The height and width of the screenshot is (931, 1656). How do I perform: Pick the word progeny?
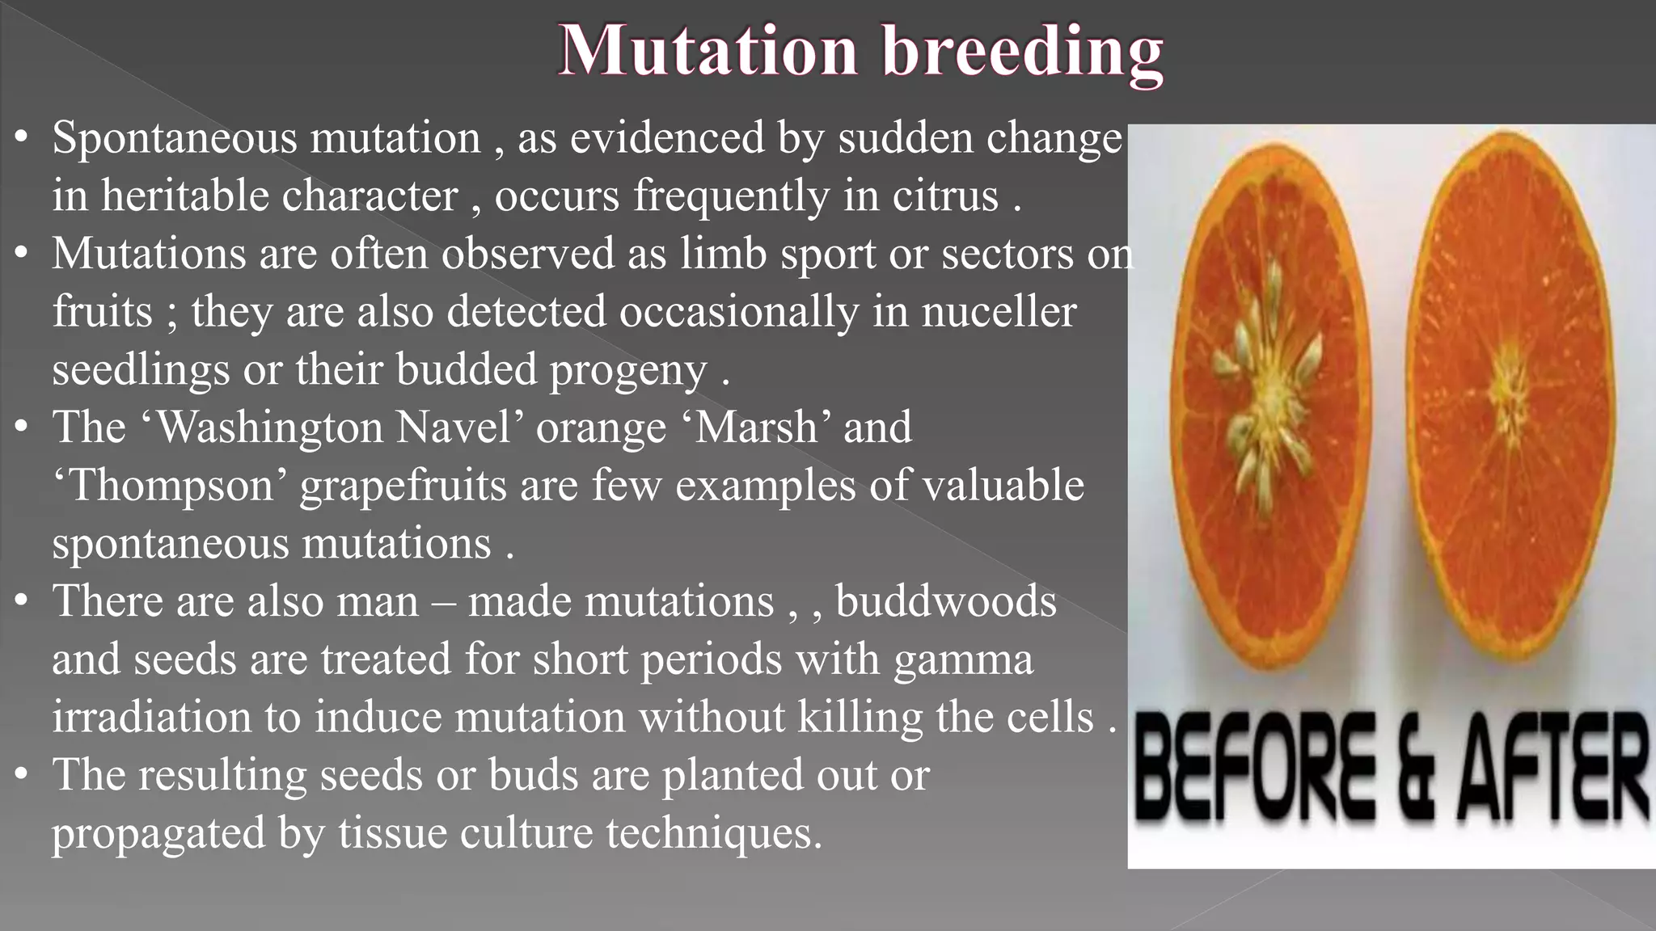628,372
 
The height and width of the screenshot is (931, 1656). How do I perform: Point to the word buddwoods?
945,601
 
